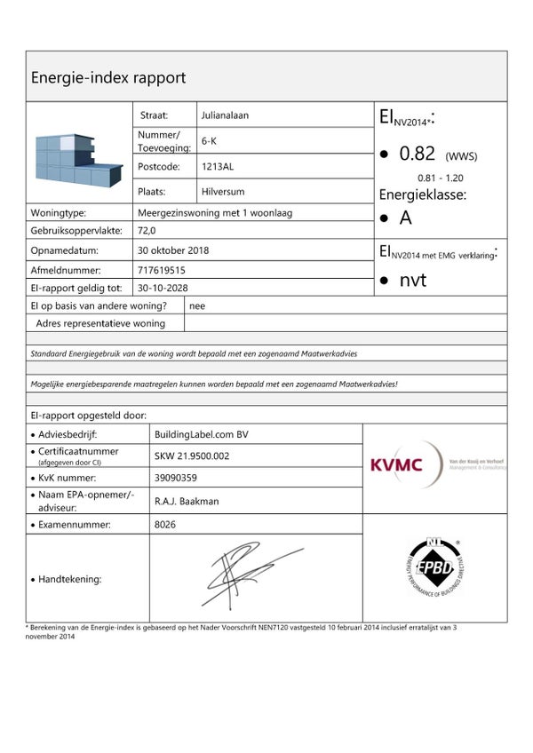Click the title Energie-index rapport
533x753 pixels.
pyautogui.click(x=108, y=77)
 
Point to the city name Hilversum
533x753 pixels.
pyautogui.click(x=223, y=192)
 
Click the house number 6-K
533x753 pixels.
pyautogui.click(x=211, y=140)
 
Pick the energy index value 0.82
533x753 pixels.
pyautogui.click(x=417, y=154)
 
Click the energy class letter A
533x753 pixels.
pyautogui.click(x=405, y=218)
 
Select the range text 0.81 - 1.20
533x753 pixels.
pyautogui.click(x=442, y=178)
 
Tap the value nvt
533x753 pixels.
pyautogui.click(x=413, y=281)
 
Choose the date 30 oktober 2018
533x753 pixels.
pyautogui.click(x=173, y=250)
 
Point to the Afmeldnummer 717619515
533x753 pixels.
pyautogui.click(x=162, y=270)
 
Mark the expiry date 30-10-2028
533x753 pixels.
pyautogui.click(x=163, y=288)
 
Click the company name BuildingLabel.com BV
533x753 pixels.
pyautogui.click(x=202, y=434)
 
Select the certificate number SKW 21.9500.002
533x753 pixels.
pyautogui.click(x=192, y=456)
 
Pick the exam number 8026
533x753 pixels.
pyautogui.click(x=166, y=525)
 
